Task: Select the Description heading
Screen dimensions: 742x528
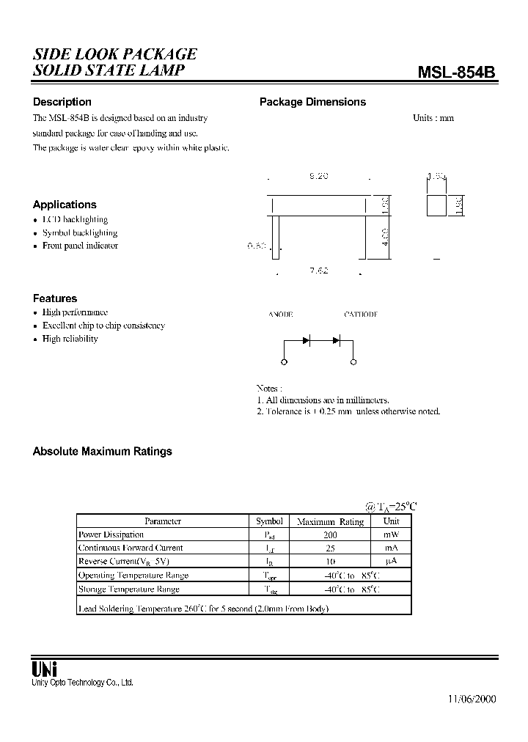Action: (62, 102)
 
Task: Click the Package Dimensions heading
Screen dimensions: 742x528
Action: (312, 102)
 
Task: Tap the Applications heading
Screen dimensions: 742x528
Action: (65, 205)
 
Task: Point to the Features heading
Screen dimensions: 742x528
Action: (55, 298)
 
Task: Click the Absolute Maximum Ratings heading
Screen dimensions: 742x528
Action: (103, 452)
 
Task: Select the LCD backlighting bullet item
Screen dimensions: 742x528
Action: (75, 219)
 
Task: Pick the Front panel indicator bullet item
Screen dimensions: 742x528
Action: (80, 246)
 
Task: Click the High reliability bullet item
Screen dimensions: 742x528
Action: (70, 339)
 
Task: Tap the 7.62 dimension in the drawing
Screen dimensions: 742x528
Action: (318, 271)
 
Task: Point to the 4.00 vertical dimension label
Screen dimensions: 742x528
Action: (386, 238)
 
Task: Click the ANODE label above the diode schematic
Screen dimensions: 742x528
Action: (281, 314)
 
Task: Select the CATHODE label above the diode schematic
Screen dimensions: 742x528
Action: (360, 314)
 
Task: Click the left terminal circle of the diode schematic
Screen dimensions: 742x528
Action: (285, 361)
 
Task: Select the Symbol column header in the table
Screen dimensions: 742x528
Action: (269, 521)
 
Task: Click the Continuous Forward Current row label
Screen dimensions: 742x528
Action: (131, 548)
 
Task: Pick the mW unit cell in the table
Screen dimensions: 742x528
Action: (392, 535)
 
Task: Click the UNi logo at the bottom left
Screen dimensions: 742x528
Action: (45, 668)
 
